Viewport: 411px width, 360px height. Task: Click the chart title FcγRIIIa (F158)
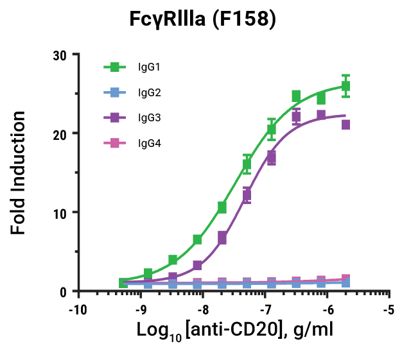(x=203, y=20)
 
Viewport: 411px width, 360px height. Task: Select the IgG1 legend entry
(x=149, y=67)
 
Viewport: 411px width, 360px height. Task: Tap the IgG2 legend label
(x=149, y=92)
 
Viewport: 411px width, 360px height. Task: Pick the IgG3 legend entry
(x=149, y=118)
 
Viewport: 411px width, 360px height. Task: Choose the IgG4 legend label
(x=149, y=144)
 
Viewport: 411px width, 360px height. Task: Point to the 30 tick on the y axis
(x=61, y=55)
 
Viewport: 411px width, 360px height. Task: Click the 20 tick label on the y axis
(x=61, y=133)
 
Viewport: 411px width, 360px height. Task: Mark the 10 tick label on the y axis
(x=61, y=212)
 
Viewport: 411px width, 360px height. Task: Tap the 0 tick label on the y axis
(x=65, y=291)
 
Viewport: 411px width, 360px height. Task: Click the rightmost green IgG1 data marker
(x=345, y=86)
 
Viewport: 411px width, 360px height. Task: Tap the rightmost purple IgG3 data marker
(x=345, y=124)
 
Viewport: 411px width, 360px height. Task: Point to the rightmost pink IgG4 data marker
(x=345, y=279)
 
